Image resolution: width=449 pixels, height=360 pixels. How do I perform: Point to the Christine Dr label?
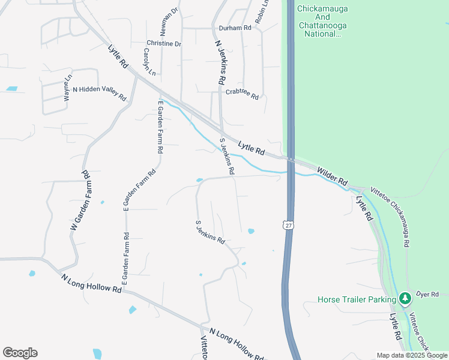(163, 44)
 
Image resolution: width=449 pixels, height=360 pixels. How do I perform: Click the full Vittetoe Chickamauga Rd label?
(394, 215)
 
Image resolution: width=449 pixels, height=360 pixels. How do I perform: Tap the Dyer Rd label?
(427, 293)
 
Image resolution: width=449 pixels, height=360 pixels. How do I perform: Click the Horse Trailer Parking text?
(357, 299)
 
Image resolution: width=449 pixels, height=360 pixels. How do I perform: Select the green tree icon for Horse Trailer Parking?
(405, 298)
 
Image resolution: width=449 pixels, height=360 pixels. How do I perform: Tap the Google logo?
(20, 353)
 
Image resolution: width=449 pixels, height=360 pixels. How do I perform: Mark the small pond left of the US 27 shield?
(251, 231)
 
